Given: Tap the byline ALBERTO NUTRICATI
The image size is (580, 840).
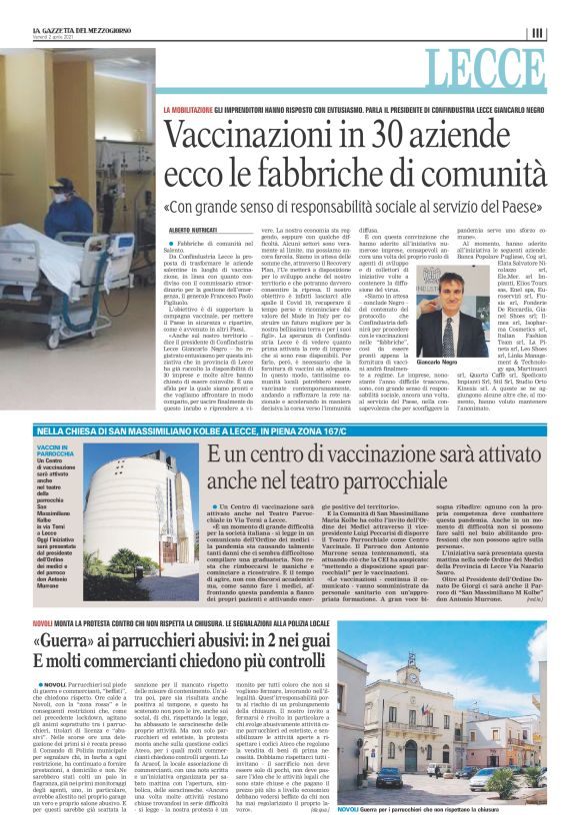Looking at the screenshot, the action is point(193,230).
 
